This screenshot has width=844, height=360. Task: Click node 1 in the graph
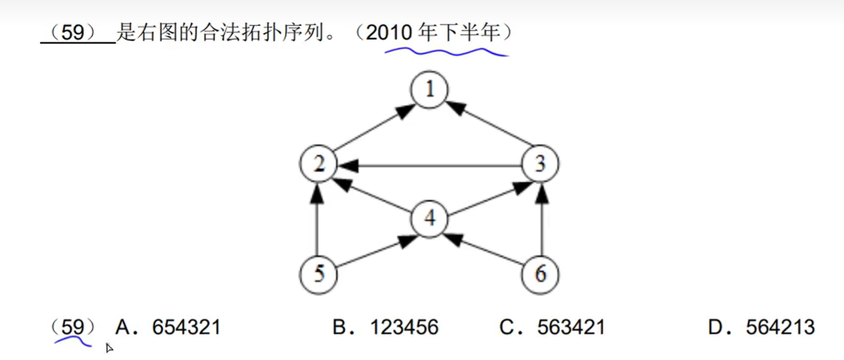(430, 91)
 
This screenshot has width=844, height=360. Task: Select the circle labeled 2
(319, 164)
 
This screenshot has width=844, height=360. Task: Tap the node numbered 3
(540, 164)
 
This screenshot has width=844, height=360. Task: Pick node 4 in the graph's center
(430, 219)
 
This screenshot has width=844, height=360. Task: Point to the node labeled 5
(319, 274)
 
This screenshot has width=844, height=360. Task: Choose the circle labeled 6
(540, 274)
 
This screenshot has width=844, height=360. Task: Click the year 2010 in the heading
(389, 33)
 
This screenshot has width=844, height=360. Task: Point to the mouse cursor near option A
(109, 348)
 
